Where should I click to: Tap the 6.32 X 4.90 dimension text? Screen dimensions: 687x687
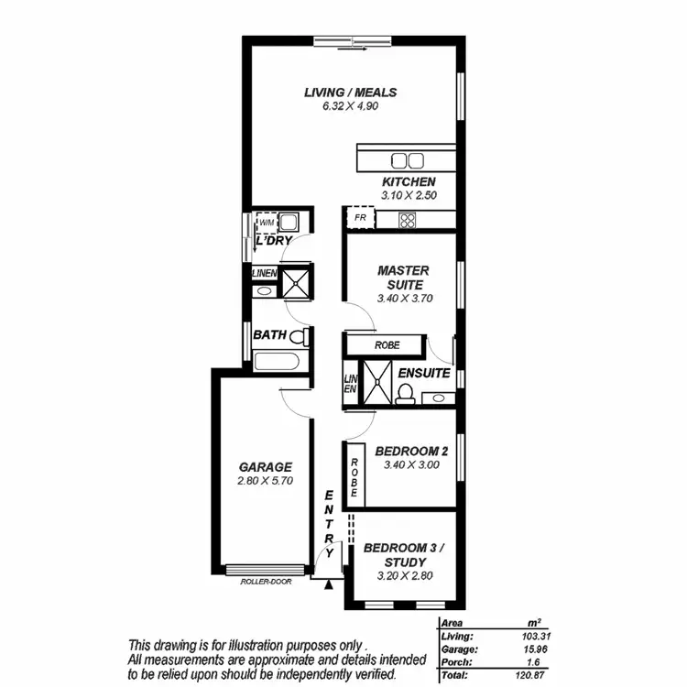pyautogui.click(x=349, y=106)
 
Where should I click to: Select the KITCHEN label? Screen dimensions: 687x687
pyautogui.click(x=408, y=182)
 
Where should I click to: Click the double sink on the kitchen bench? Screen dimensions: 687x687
pyautogui.click(x=407, y=159)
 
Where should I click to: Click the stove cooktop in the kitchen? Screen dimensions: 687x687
pyautogui.click(x=409, y=220)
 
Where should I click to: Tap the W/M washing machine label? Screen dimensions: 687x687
pyautogui.click(x=267, y=223)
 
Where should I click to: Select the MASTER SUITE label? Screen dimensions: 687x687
pyautogui.click(x=403, y=278)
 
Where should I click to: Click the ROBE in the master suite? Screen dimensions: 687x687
pyautogui.click(x=387, y=345)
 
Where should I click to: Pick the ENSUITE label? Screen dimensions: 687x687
pyautogui.click(x=422, y=374)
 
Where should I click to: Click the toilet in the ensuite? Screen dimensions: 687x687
pyautogui.click(x=404, y=392)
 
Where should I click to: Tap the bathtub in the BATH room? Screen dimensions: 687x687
pyautogui.click(x=280, y=361)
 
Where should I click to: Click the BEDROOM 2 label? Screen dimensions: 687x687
pyautogui.click(x=410, y=451)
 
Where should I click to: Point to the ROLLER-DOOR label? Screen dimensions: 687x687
pyautogui.click(x=266, y=581)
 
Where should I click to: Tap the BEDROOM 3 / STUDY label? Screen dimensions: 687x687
pyautogui.click(x=403, y=555)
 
